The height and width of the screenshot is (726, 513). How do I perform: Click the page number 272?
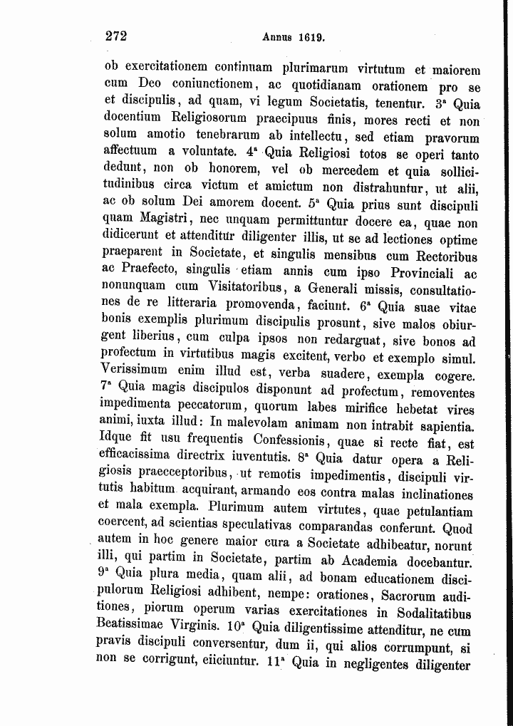point(115,36)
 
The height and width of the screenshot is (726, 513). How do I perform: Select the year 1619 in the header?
point(313,37)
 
